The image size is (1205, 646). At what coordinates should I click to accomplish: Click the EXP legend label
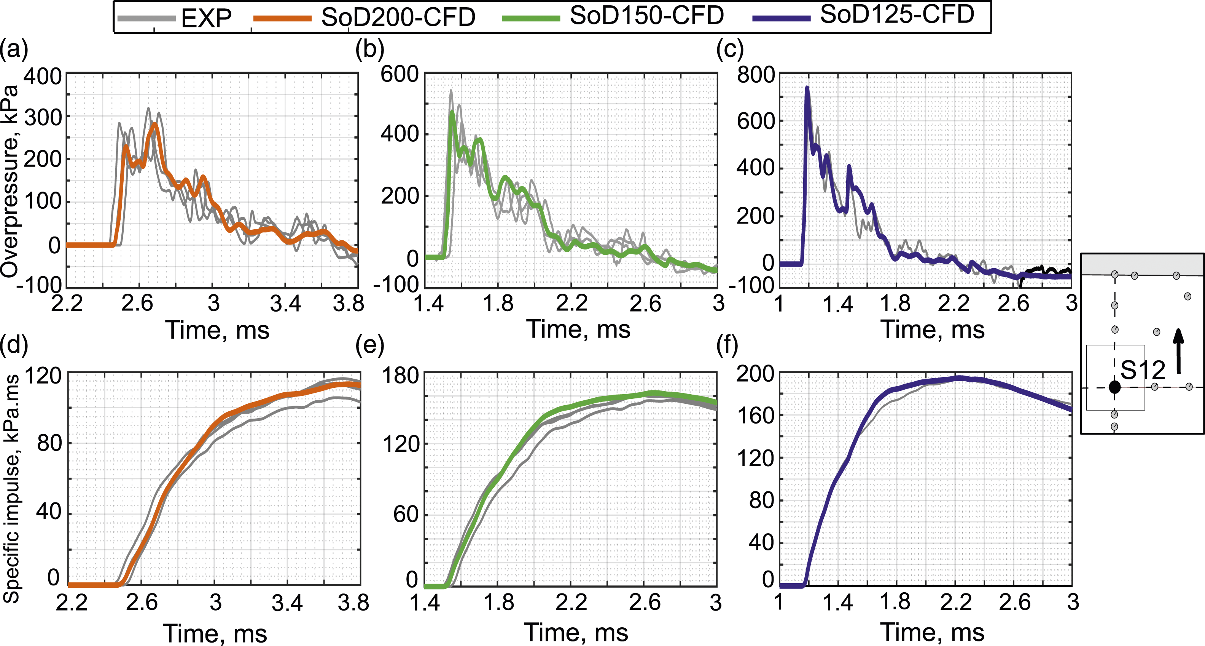(x=206, y=18)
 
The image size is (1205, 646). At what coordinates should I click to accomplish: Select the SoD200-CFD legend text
(x=398, y=17)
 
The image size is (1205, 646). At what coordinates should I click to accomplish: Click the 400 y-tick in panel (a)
(x=43, y=76)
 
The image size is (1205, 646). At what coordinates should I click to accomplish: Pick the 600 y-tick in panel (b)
(x=400, y=74)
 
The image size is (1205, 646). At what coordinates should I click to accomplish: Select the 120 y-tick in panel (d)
(x=43, y=376)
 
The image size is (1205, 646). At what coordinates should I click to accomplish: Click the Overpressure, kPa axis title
(x=10, y=181)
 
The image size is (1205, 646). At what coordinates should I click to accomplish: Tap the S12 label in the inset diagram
(x=1143, y=371)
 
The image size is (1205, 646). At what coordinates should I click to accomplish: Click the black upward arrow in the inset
(x=1179, y=351)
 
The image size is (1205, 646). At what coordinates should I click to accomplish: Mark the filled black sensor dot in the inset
(x=1115, y=387)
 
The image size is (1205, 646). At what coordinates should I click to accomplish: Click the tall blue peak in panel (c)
(x=807, y=88)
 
